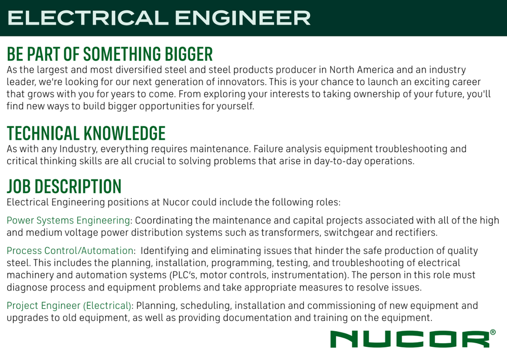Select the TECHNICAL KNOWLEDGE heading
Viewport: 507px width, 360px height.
pyautogui.click(x=86, y=133)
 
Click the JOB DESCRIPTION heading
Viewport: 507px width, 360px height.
pyautogui.click(x=64, y=186)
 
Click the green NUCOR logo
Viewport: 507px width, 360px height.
pyautogui.click(x=410, y=339)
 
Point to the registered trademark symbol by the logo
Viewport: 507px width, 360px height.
pyautogui.click(x=493, y=332)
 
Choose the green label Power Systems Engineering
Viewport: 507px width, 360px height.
pyautogui.click(x=68, y=220)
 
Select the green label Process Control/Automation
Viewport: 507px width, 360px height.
pyautogui.click(x=70, y=250)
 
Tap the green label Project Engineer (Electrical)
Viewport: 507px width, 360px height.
pyautogui.click(x=69, y=306)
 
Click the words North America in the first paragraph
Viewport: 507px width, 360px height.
pyautogui.click(x=361, y=70)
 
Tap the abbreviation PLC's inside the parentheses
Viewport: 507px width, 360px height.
pyautogui.click(x=183, y=275)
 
